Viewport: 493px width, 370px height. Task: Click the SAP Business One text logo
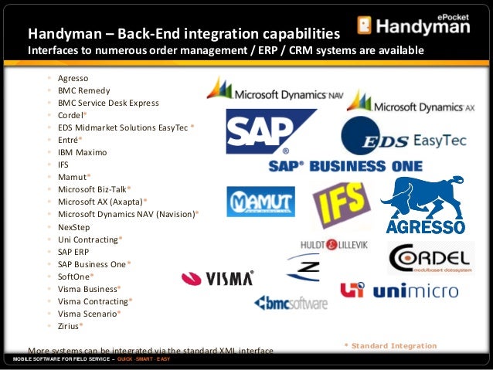click(x=345, y=166)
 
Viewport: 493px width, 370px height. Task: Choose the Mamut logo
click(x=260, y=201)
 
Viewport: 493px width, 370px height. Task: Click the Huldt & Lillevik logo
click(x=334, y=245)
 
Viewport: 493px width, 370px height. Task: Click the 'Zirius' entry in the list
click(x=70, y=326)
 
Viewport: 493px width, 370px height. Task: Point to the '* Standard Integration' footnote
click(x=389, y=345)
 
